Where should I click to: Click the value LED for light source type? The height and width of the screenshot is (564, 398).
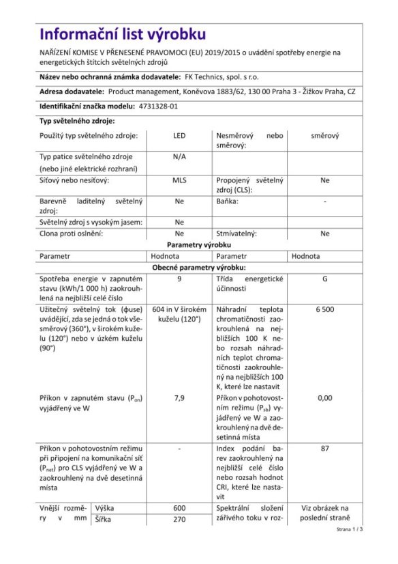coord(179,136)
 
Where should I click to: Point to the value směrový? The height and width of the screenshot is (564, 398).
coord(325,136)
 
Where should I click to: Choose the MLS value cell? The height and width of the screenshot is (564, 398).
coord(179,180)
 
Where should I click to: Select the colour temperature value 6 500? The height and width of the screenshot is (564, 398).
coord(325,309)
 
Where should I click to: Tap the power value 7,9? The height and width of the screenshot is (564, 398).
coord(179,397)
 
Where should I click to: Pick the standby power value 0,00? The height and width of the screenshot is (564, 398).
coord(325,397)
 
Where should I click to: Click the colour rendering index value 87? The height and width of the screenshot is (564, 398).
coord(325,449)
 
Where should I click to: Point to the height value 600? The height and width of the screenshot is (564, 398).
coord(179,508)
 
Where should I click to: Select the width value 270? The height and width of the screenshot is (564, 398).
coord(179,520)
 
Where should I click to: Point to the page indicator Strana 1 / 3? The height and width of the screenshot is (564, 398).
coord(350,529)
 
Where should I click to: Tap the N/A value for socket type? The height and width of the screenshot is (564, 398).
coord(179,156)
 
